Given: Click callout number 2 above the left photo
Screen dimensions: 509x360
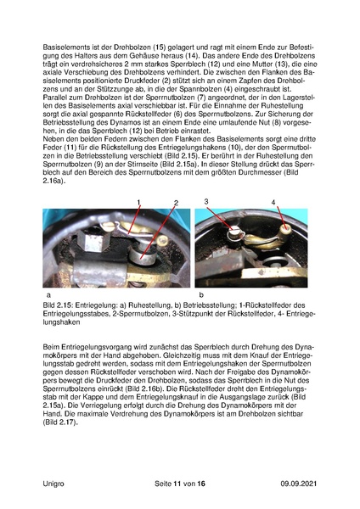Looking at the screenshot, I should (x=177, y=203).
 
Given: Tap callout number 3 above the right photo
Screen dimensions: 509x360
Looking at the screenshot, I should (x=206, y=201).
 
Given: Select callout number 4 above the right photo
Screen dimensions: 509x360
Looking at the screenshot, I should (x=273, y=202).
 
